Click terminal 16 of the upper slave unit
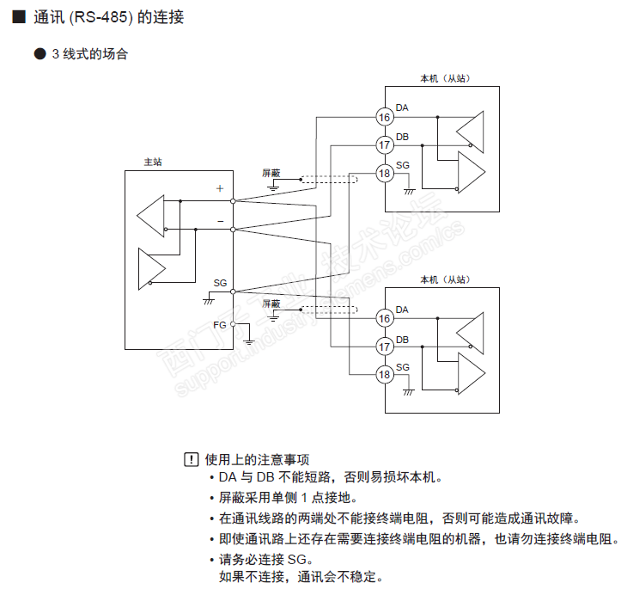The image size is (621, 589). tap(385, 117)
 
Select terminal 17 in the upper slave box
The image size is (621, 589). tap(385, 144)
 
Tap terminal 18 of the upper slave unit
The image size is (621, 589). tap(385, 173)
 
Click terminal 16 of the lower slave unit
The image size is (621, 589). tap(385, 319)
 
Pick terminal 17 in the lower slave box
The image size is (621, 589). tap(385, 347)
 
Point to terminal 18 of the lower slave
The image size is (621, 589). tap(385, 374)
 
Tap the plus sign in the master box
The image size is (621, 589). tap(220, 187)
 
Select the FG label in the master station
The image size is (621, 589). tap(220, 324)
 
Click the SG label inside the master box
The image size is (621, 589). tap(220, 283)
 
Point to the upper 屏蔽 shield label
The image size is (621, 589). tap(271, 173)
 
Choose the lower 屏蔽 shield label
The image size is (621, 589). tap(271, 304)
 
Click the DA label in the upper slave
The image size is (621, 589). tap(403, 107)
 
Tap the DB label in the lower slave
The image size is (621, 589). tap(403, 340)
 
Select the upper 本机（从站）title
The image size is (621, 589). tap(444, 79)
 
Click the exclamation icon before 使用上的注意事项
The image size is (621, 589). tap(191, 459)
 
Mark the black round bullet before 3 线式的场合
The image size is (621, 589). tap(39, 54)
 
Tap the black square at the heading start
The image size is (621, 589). tap(18, 16)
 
